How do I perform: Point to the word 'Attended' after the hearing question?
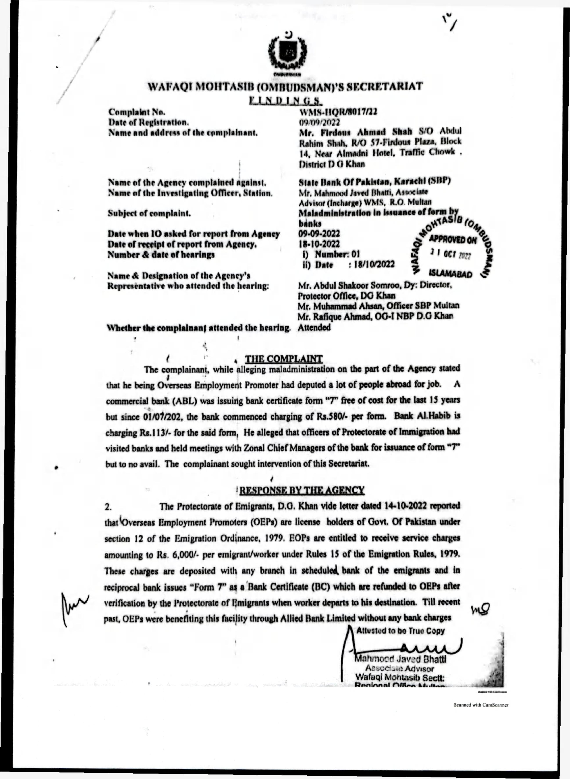click(x=314, y=328)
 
